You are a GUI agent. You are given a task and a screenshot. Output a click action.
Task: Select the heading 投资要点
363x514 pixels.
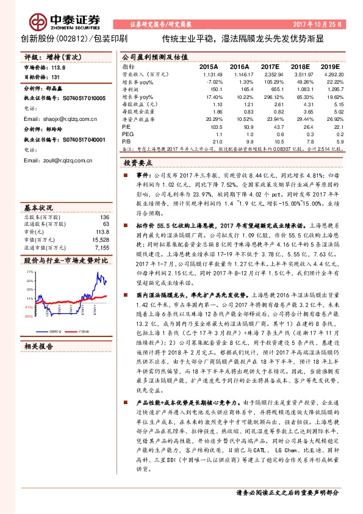click(138, 164)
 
